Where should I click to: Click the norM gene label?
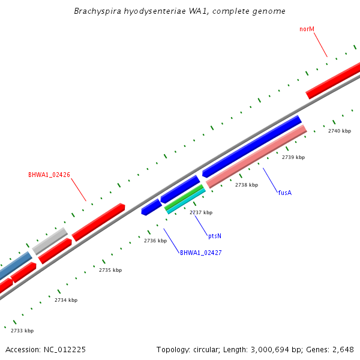307,29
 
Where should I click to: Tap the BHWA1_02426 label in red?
49,175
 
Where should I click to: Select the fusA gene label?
285,193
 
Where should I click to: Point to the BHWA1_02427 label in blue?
200,253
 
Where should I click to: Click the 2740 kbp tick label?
339,131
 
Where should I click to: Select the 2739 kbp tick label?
293,157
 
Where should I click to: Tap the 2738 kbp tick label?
246,185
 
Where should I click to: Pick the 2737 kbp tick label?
200,212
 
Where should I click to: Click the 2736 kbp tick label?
155,241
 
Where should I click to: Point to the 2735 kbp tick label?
110,270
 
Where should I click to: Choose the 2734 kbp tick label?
65,300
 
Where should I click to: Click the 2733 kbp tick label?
22,331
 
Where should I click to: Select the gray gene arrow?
50,241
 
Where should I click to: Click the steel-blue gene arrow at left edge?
15,265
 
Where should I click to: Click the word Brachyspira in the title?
95,11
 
